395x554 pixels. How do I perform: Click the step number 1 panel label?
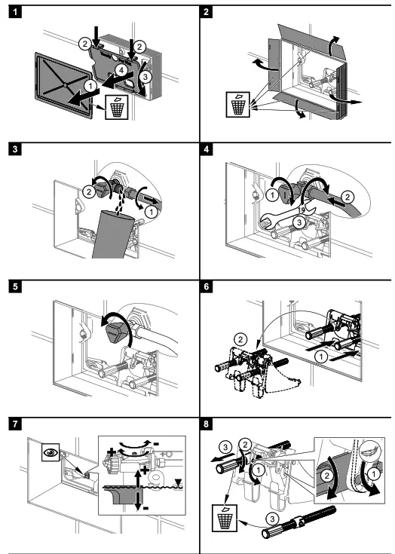tap(15, 12)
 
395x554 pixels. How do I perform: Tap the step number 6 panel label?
tap(207, 286)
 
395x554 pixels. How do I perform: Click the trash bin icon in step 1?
tap(117, 107)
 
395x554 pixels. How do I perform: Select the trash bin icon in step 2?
tap(237, 105)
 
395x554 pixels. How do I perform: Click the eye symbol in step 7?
tap(51, 452)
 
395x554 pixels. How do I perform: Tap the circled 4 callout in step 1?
tap(121, 70)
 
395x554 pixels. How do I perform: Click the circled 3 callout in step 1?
tap(144, 76)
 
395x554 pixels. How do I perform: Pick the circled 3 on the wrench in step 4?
tap(299, 222)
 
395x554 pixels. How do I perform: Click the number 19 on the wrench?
tap(302, 210)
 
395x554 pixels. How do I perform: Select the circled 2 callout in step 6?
tap(240, 340)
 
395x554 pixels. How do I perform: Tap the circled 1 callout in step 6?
tap(321, 357)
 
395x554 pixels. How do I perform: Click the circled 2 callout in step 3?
tap(89, 192)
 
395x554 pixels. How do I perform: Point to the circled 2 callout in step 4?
tap(348, 197)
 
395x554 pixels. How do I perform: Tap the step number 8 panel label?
tap(207, 424)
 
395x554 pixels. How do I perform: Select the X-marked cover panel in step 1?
tap(64, 84)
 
